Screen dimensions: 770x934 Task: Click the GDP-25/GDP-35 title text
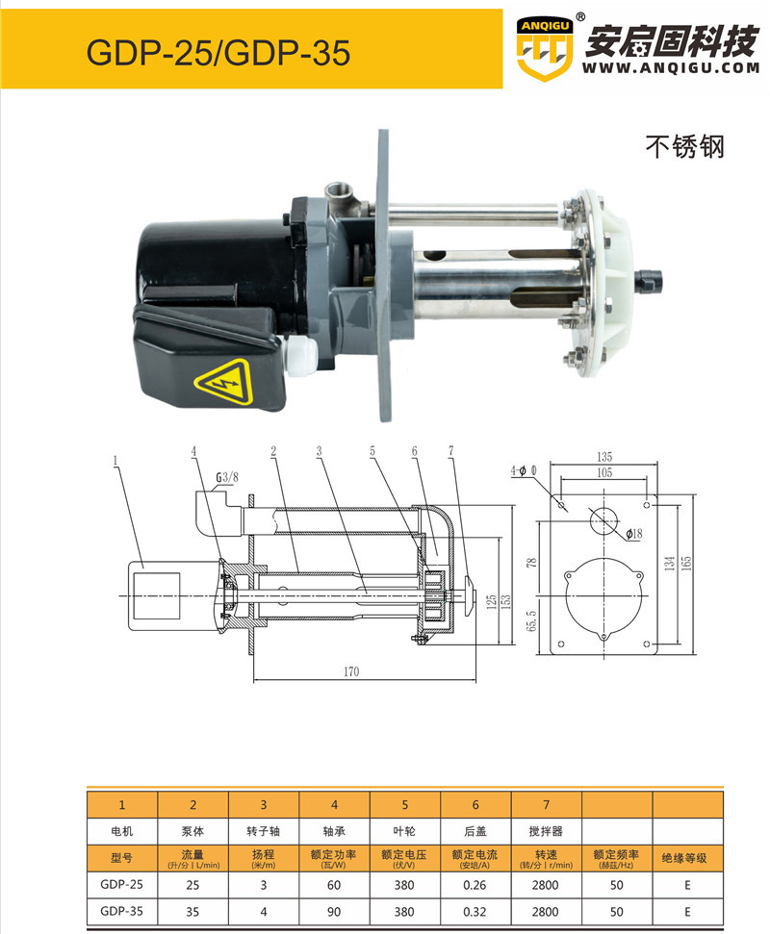click(218, 52)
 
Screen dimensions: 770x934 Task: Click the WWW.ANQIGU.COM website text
click(671, 68)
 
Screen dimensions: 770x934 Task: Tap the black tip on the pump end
click(651, 279)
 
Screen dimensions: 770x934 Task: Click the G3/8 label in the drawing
click(226, 477)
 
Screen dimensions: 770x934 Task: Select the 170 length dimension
click(351, 671)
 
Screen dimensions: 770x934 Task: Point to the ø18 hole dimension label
click(634, 534)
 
